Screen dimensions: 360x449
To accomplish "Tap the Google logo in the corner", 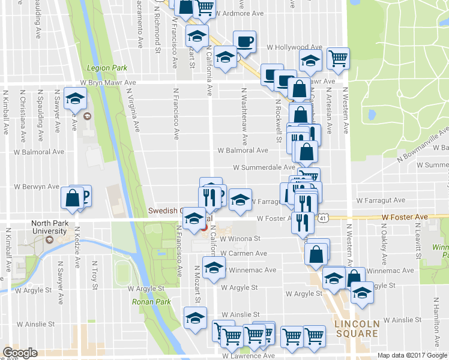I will coord(20,352).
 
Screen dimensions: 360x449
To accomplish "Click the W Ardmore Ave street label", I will coord(239,13).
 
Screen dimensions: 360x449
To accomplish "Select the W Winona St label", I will coord(239,238).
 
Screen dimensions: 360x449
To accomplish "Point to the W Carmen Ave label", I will coord(243,254).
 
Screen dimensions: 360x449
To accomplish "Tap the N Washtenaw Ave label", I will coord(245,117).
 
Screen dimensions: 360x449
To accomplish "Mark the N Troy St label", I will coord(95,275).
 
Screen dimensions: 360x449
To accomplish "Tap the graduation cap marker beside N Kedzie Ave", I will coord(76,98).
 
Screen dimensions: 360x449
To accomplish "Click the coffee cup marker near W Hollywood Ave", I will coord(244,41).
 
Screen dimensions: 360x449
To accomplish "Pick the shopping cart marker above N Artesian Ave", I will coord(339,58).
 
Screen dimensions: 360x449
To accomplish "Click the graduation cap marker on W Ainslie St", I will coord(195,317).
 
